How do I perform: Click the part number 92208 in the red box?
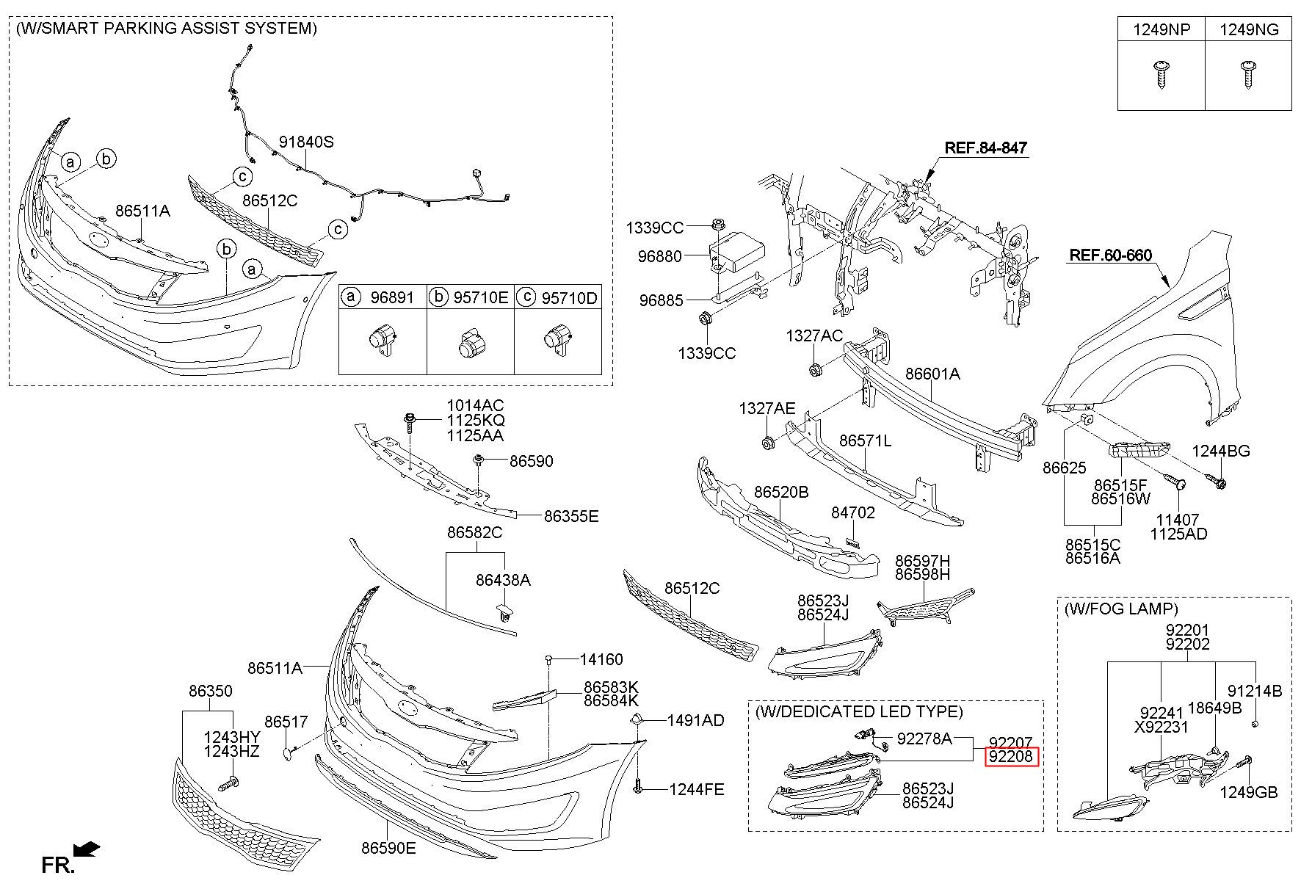[1011, 756]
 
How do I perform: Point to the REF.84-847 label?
[985, 148]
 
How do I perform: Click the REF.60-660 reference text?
[1111, 255]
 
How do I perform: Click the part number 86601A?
[932, 374]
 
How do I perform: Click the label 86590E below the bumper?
[388, 848]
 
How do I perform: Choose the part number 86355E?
[571, 516]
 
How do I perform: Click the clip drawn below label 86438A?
[504, 612]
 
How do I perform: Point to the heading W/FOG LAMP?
[1121, 609]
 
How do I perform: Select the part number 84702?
[853, 512]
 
